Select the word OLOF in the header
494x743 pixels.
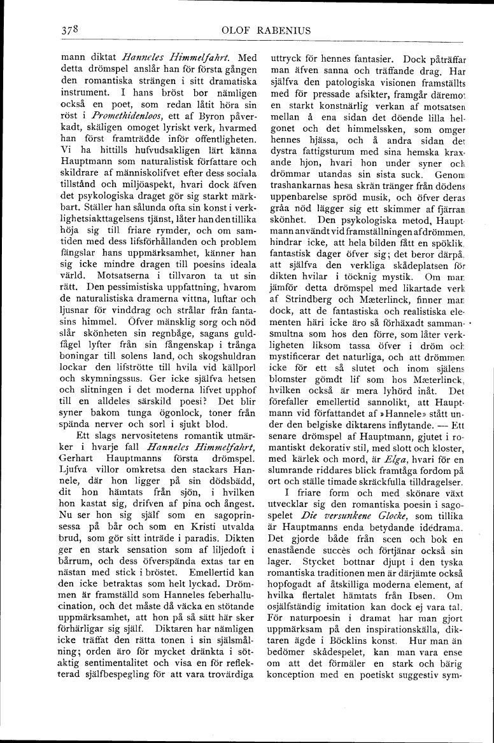[237, 29]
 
